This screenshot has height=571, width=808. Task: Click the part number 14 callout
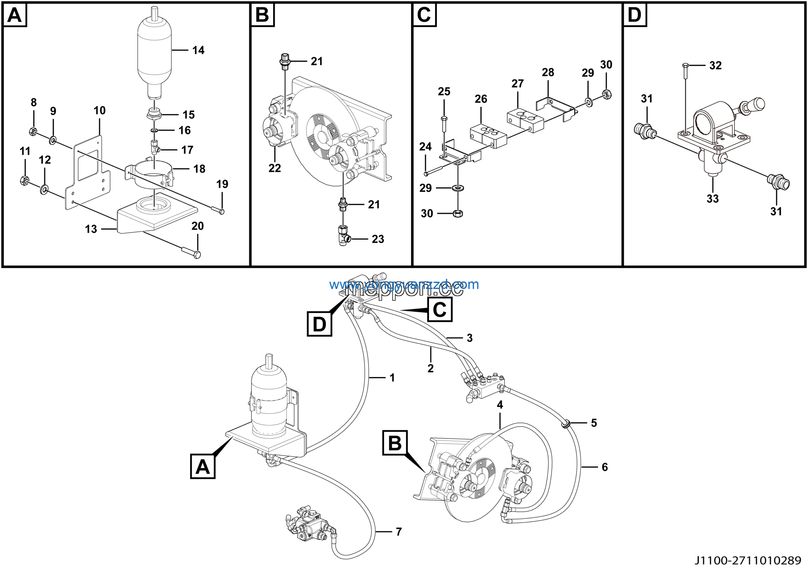(198, 50)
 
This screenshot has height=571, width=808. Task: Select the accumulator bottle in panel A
(154, 53)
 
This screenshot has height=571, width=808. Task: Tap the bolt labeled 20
(191, 252)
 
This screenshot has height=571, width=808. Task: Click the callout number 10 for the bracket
(100, 111)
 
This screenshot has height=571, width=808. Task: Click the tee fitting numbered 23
(343, 236)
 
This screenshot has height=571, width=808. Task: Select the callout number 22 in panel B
(275, 168)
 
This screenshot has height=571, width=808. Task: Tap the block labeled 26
(488, 136)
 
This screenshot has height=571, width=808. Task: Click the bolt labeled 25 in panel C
(444, 127)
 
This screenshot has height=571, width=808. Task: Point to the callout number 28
(548, 73)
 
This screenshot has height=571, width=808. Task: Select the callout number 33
(713, 199)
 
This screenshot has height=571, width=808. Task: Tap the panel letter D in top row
(635, 15)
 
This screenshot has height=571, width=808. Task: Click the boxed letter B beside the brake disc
(395, 443)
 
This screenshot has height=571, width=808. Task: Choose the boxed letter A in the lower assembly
(203, 467)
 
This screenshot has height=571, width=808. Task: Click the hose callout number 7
(399, 532)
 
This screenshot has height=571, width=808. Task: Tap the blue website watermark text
(404, 285)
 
